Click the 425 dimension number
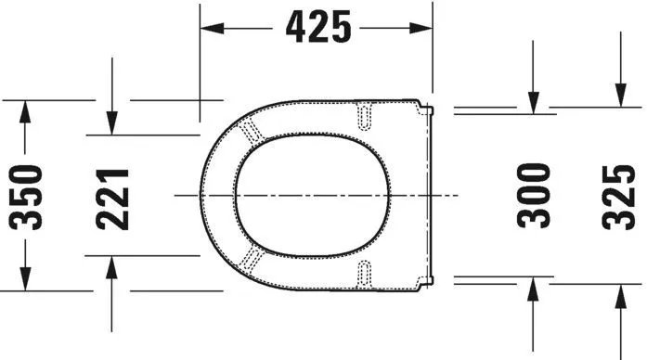pos(318,28)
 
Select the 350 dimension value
pos(27,196)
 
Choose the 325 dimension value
pos(618,196)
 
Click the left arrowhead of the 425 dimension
pos(212,28)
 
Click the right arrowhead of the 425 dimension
pos(423,28)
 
